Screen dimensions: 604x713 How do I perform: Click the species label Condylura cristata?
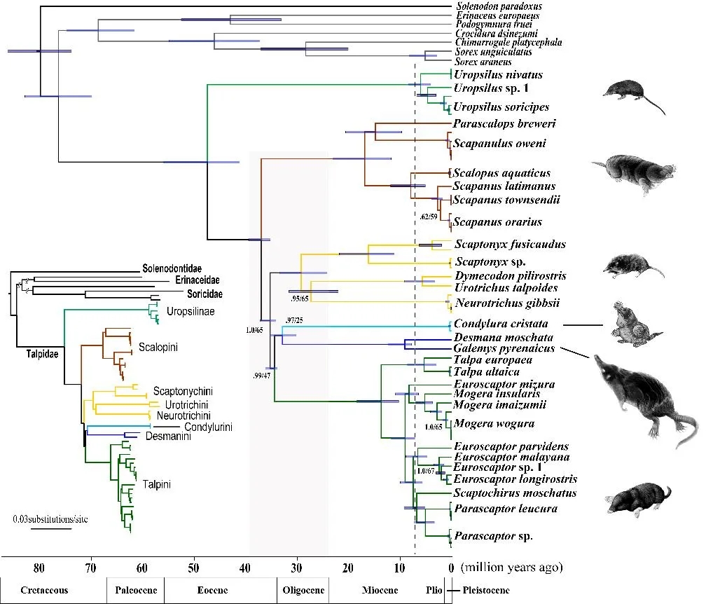tap(500, 324)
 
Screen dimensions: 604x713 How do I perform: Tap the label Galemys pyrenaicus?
tap(504, 348)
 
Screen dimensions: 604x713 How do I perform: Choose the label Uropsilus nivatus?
tap(498, 74)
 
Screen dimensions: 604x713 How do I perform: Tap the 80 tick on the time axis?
tap(39, 567)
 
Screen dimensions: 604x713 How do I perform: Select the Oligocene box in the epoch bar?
tap(303, 590)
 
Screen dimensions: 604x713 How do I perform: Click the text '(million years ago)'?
tap(511, 567)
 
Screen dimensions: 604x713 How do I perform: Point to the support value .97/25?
tap(294, 321)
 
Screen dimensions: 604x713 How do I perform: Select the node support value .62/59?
tap(429, 217)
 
